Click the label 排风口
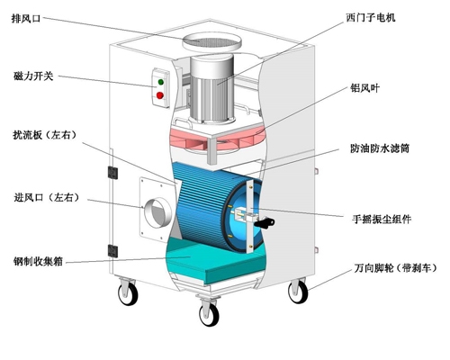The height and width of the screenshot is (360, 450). tap(26, 18)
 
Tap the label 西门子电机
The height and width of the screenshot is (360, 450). tap(371, 18)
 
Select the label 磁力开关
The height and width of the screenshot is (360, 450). tap(33, 76)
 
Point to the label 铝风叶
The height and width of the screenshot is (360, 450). tap(364, 88)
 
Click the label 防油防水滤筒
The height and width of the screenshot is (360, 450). tap(380, 148)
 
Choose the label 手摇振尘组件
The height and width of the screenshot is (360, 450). tap(382, 219)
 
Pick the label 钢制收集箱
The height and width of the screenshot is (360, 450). tap(38, 261)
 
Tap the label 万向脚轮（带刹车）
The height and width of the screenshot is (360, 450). tap(395, 268)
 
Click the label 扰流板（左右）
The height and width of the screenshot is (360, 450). tap(44, 135)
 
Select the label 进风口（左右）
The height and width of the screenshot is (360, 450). tap(47, 197)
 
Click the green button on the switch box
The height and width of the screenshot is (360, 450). tap(160, 82)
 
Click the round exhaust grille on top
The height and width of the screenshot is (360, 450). tap(211, 41)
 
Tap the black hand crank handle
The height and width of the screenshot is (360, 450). tap(265, 222)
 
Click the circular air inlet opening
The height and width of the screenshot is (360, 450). tap(158, 212)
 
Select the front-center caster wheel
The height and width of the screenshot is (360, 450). tap(209, 313)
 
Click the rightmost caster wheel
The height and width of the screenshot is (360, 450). tap(298, 292)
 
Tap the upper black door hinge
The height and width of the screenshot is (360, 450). tap(112, 173)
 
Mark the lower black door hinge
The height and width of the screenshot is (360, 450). tap(112, 251)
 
